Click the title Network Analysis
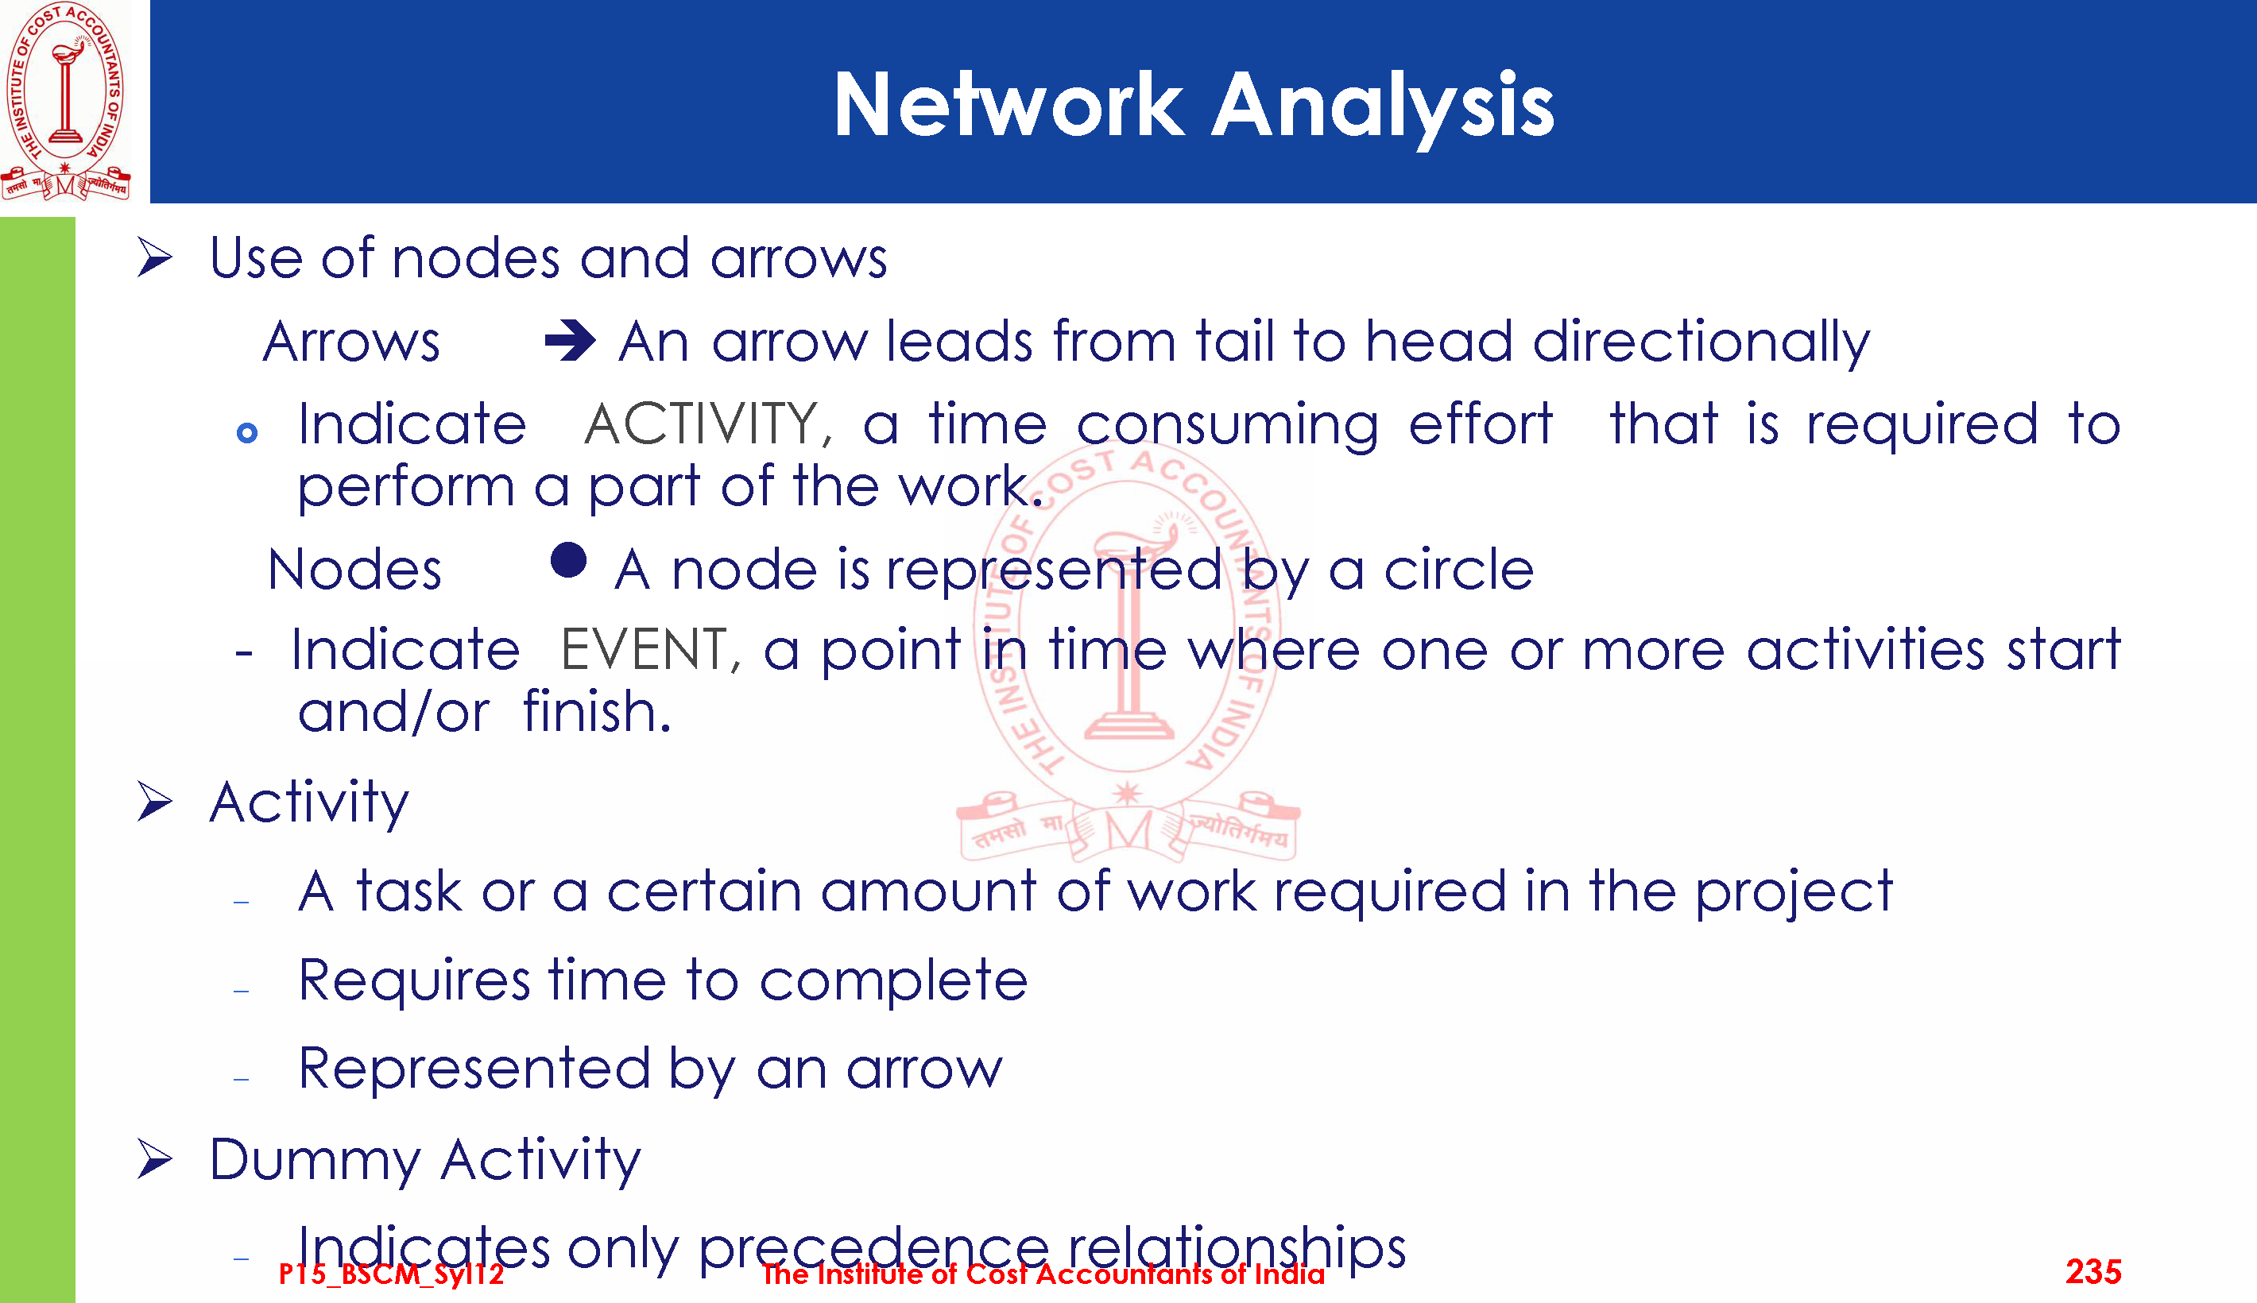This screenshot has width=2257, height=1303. click(1194, 106)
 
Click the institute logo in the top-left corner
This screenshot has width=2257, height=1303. click(65, 100)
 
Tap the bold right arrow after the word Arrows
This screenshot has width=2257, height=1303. click(570, 340)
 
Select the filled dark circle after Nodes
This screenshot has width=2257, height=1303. click(568, 560)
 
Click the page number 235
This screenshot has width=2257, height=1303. click(2093, 1272)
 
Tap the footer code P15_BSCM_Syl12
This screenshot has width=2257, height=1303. click(391, 1274)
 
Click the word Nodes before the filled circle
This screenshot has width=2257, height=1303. click(354, 570)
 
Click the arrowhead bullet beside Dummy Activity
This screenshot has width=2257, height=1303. click(155, 1160)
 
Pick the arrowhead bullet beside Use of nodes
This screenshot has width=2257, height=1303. click(155, 259)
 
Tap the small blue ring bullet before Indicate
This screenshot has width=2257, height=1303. click(247, 433)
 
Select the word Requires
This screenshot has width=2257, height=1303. click(414, 982)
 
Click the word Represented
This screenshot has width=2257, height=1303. click(474, 1069)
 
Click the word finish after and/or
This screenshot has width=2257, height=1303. click(597, 713)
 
